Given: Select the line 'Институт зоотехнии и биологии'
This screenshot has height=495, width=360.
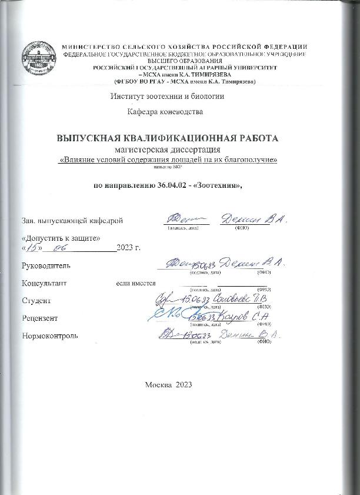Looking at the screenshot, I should pyautogui.click(x=167, y=96).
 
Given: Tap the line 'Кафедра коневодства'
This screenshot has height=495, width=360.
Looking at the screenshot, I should pyautogui.click(x=165, y=111).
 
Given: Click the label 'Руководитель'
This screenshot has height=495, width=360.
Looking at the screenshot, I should pyautogui.click(x=45, y=265).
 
